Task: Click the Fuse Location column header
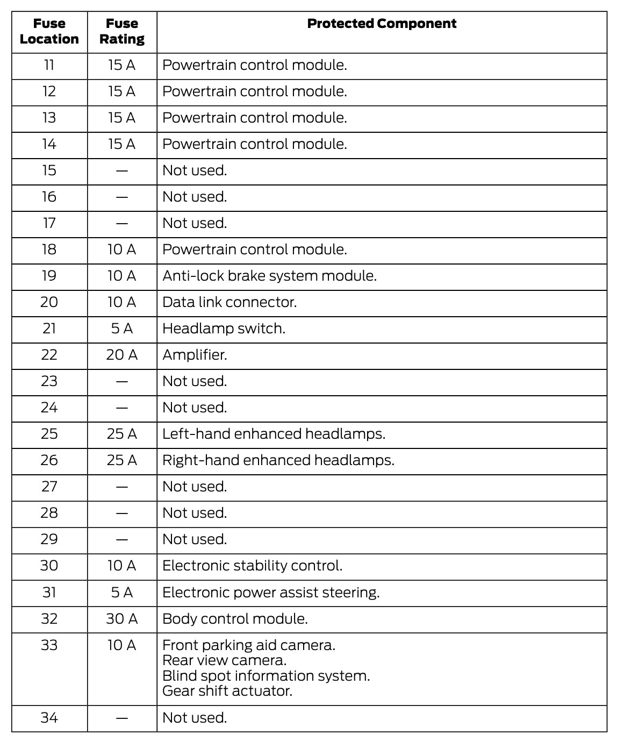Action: [x=49, y=31]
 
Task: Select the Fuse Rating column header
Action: [x=122, y=31]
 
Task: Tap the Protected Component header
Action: [x=382, y=24]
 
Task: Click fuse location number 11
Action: [x=49, y=65]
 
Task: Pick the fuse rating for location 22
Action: [x=122, y=355]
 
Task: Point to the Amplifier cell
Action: [x=195, y=355]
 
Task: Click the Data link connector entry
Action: [x=229, y=302]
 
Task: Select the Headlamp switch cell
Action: [x=224, y=329]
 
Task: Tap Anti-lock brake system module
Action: [x=269, y=276]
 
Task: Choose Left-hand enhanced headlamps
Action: [x=274, y=434]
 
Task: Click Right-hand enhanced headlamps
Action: [x=278, y=460]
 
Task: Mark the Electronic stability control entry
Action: [x=252, y=566]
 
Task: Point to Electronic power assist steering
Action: [x=271, y=593]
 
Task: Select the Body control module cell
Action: [x=235, y=619]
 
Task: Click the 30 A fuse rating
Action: [x=122, y=619]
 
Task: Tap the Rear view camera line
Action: [x=224, y=660]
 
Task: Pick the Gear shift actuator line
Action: [x=227, y=691]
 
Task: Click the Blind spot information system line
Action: [x=266, y=676]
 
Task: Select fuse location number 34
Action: [x=49, y=718]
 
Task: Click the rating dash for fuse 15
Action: [x=122, y=171]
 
